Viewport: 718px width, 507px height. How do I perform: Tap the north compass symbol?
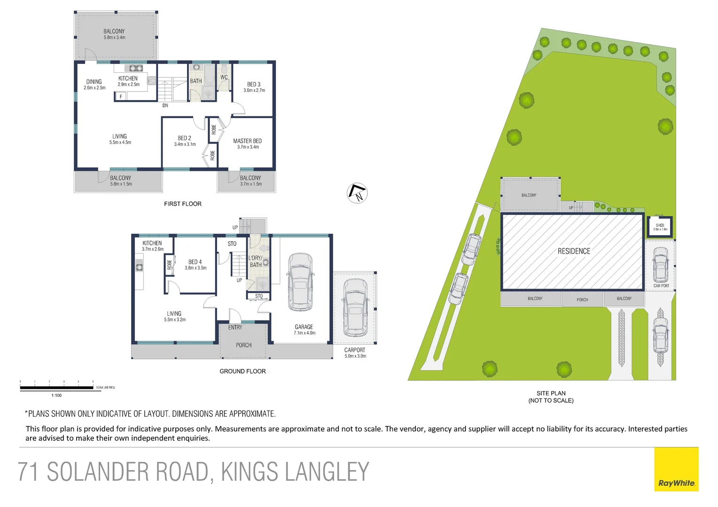coord(357,193)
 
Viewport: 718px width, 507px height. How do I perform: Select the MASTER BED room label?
coord(247,141)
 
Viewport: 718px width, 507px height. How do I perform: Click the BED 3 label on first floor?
coord(254,84)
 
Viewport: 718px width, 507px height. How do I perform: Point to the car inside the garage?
coord(300,282)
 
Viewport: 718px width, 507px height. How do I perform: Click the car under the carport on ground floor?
coord(355,307)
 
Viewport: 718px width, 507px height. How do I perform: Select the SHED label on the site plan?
coord(660,225)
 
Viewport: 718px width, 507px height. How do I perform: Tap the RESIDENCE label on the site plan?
coord(574,251)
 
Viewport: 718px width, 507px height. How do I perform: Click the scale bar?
coord(56,388)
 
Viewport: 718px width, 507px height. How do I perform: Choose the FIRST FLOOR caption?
coord(182,204)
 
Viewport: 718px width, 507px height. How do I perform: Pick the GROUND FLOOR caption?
coord(242,371)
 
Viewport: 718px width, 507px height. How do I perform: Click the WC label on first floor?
coord(224,77)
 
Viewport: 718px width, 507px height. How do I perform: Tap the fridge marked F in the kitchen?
coord(121,97)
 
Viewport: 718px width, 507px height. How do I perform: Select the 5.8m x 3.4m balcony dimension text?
coord(114,38)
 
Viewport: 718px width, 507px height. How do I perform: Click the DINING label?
coord(94,82)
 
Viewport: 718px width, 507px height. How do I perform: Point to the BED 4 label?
coord(195,262)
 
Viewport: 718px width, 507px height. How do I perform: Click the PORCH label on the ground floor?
coord(243,345)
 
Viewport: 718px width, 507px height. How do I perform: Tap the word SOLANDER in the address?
coord(127,472)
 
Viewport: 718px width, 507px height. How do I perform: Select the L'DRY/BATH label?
coord(255,261)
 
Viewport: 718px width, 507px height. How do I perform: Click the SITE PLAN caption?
coord(551,393)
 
